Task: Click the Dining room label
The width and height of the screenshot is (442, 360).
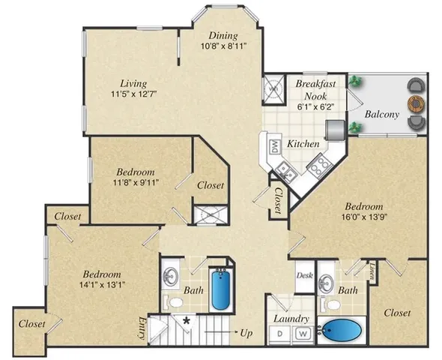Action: pos(219,35)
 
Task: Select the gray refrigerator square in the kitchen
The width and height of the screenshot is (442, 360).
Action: pos(335,129)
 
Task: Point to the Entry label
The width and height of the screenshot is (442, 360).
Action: pos(163,327)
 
